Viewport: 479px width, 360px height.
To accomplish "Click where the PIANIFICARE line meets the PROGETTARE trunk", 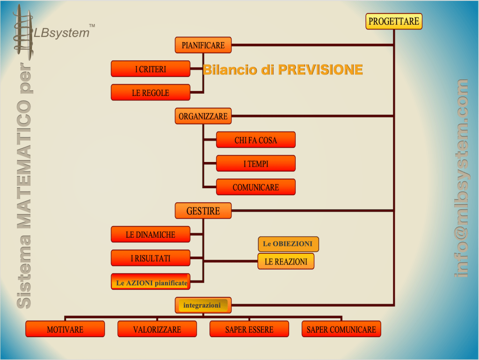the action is pos(394,45).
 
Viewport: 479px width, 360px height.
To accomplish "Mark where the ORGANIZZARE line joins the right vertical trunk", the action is pos(394,116).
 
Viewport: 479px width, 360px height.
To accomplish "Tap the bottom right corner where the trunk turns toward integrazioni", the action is pos(394,305).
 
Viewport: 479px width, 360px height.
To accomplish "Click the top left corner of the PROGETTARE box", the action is pos(366,14).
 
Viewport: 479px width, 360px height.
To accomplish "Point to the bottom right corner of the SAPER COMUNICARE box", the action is pos(381,337).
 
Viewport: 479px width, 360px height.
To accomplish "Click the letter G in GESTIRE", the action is pos(189,211).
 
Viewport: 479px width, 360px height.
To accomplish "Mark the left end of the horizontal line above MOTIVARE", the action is pos(65,316).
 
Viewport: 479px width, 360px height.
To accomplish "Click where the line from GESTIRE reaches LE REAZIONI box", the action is pos(258,261).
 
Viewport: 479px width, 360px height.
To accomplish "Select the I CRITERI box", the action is pos(151,69).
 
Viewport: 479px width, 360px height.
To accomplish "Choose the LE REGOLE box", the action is pos(151,92).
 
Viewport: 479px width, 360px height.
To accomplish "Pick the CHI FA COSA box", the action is pos(256,140).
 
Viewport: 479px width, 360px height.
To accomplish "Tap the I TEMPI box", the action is pos(256,163).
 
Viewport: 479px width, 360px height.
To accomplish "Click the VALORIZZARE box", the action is pos(157,329).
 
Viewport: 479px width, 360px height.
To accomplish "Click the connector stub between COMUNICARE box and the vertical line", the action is pos(210,187).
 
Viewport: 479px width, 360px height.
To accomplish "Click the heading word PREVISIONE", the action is pos(320,70).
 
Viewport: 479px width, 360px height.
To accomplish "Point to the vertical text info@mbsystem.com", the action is pos(462,178).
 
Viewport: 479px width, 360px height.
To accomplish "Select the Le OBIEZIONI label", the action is pos(288,244).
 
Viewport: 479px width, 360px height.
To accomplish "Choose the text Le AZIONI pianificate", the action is pos(152,283).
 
